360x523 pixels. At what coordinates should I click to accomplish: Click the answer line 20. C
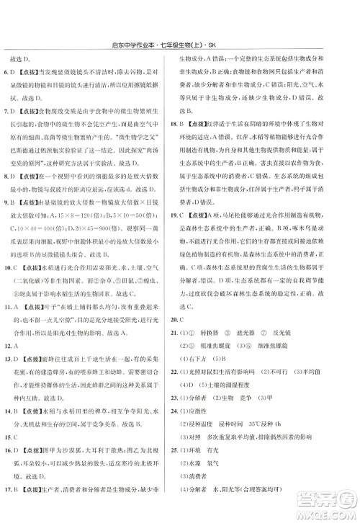point(191,298)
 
